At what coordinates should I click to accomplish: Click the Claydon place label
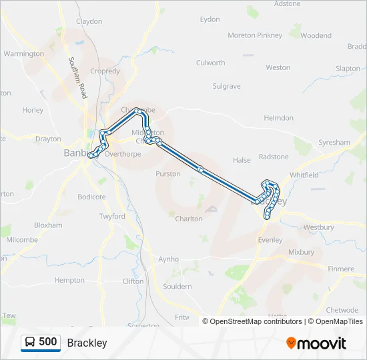89,21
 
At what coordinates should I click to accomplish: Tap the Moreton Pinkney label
254,35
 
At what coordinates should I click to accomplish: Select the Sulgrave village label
226,86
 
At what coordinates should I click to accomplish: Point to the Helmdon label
278,118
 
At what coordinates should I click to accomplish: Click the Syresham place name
334,143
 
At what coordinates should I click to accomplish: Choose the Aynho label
168,259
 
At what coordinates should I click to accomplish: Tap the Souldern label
177,287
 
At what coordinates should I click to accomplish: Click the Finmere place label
340,269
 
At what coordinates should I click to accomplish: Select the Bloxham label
47,225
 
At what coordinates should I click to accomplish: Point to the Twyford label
112,217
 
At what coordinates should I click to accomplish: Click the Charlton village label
189,219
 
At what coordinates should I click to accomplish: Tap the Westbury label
318,227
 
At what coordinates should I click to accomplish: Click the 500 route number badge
41,343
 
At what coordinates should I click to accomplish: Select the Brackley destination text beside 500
87,343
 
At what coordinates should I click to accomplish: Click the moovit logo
316,343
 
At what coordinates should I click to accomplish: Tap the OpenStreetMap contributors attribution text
252,321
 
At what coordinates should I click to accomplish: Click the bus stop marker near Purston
200,169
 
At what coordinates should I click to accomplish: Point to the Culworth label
210,63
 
